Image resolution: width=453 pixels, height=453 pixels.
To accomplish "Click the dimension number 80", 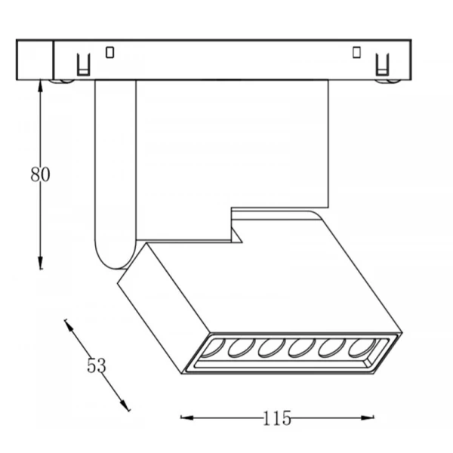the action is (x=40, y=174).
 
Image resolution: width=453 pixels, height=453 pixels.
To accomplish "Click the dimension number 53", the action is (x=97, y=365).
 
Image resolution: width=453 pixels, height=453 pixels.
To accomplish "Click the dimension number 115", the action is (x=277, y=418).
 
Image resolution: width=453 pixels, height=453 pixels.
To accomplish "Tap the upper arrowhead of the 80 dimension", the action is (x=41, y=86).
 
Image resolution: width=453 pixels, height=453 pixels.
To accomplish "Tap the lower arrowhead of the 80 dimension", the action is (x=41, y=263).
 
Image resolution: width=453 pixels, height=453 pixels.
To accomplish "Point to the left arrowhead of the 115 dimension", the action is (x=187, y=418).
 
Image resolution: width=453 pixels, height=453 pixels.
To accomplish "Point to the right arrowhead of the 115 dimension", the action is (x=368, y=418).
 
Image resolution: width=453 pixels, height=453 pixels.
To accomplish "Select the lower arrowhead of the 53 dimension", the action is (x=125, y=405).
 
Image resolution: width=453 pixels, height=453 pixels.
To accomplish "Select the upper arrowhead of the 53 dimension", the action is (x=69, y=325).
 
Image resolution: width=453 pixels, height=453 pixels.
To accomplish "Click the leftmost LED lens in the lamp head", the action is (x=213, y=348).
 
